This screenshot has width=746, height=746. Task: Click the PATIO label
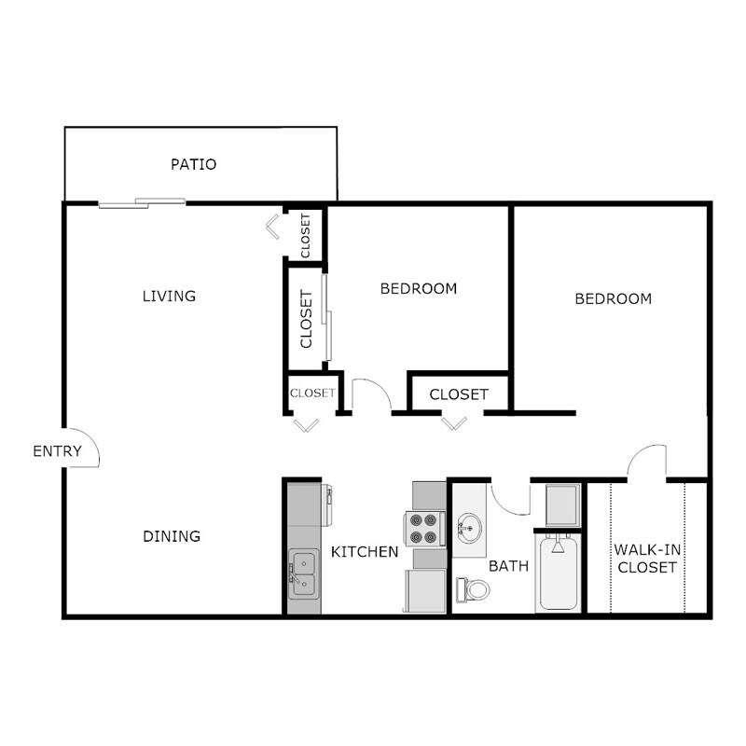194,165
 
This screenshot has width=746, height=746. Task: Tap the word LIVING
169,297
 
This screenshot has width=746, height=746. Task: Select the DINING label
172,536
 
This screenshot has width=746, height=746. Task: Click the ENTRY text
57,451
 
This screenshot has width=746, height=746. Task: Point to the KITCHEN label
366,552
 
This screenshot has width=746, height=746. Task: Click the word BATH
509,565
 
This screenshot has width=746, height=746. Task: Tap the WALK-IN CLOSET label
645,558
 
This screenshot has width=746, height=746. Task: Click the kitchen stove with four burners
425,529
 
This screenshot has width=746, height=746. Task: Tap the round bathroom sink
469,529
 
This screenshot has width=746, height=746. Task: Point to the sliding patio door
142,201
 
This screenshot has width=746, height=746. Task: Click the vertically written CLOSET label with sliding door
306,319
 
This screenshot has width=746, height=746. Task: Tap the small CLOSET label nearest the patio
306,235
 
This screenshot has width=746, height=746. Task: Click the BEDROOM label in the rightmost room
613,299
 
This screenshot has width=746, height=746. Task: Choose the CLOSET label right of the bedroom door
459,394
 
